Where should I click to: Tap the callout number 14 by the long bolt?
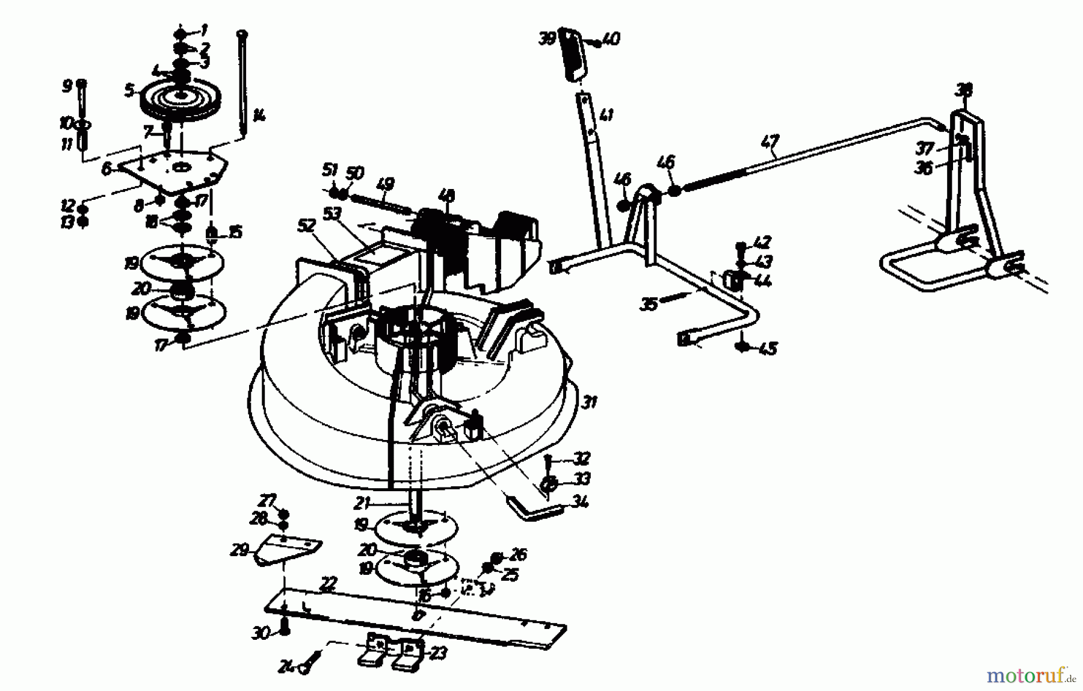pyautogui.click(x=259, y=115)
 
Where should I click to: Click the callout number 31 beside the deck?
pyautogui.click(x=590, y=401)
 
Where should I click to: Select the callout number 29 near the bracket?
pyautogui.click(x=239, y=550)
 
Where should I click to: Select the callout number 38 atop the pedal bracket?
pyautogui.click(x=964, y=90)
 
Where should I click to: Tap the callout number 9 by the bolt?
pyautogui.click(x=67, y=86)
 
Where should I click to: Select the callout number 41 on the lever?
pyautogui.click(x=606, y=115)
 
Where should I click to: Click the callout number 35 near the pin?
pyautogui.click(x=649, y=305)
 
